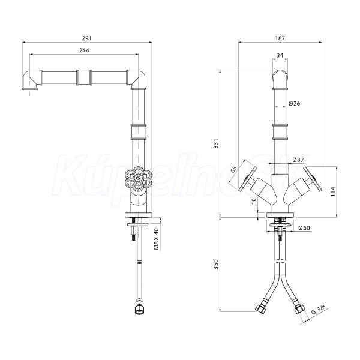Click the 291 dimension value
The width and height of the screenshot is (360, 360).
(x=87, y=38)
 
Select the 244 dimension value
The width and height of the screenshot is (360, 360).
(x=84, y=50)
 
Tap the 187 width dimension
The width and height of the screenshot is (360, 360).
(x=280, y=38)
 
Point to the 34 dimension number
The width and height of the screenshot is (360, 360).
(x=280, y=55)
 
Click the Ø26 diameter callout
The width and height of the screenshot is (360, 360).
(x=295, y=104)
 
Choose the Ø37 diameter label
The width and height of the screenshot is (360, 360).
(x=298, y=160)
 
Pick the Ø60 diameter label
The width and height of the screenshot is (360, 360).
(x=304, y=228)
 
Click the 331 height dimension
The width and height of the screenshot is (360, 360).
(x=216, y=143)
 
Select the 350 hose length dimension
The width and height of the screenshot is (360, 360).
(x=216, y=264)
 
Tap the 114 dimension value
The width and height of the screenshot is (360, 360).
(x=332, y=192)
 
